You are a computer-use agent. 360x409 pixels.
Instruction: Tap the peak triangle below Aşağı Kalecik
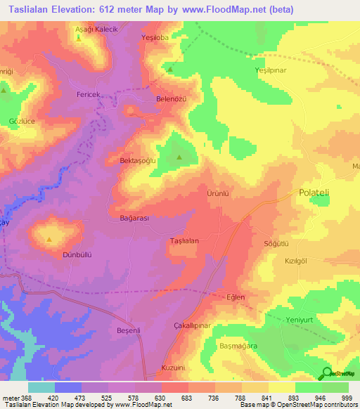pos(78,38)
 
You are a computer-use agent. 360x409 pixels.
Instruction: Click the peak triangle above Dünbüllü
pos(49,240)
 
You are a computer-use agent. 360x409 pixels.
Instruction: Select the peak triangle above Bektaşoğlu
pos(179,157)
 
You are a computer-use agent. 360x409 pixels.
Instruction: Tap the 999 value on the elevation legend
pos(345,398)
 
